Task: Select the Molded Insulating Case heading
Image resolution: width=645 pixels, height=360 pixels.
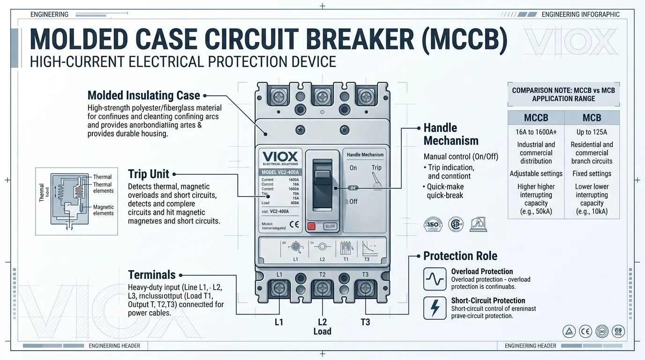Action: click(143, 96)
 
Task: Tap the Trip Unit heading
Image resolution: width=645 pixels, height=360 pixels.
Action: click(148, 174)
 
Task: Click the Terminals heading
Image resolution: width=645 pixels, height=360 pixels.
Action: click(151, 275)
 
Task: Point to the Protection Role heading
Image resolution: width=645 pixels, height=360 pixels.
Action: click(460, 256)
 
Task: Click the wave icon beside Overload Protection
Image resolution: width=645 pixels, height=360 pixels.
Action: click(434, 279)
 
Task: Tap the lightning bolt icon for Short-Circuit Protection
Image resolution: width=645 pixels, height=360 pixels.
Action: click(434, 308)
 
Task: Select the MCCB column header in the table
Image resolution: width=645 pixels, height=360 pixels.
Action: click(536, 118)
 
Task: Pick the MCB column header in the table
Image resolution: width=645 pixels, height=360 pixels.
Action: click(592, 118)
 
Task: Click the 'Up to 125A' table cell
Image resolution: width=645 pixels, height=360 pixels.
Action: click(592, 132)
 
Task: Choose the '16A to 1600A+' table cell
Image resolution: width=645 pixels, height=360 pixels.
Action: click(536, 132)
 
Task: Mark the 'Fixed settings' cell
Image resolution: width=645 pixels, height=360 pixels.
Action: click(592, 173)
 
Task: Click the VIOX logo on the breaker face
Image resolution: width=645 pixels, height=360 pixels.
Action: click(279, 157)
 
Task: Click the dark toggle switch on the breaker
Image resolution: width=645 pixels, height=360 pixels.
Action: click(322, 182)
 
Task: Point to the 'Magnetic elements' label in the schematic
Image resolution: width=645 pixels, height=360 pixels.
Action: click(103, 210)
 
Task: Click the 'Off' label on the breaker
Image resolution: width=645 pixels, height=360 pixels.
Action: click(353, 202)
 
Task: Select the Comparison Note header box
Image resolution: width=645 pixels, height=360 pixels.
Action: click(563, 94)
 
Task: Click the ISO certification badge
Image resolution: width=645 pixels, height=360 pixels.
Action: click(434, 224)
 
